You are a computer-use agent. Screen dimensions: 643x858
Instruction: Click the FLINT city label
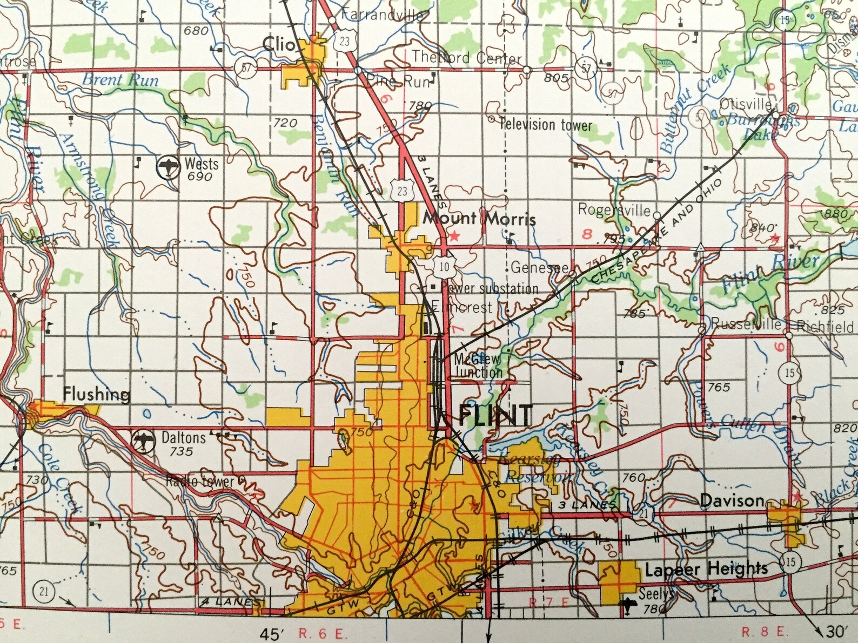tap(495, 415)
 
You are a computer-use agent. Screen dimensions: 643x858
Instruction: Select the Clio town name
tap(279, 44)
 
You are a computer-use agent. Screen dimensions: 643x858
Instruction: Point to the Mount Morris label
tap(479, 219)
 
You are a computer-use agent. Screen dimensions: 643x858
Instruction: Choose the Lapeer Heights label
tap(706, 569)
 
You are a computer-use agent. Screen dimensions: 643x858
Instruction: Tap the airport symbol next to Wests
tap(168, 167)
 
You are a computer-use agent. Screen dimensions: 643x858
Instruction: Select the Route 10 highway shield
tap(444, 266)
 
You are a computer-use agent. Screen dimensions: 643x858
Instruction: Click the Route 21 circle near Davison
tap(643, 513)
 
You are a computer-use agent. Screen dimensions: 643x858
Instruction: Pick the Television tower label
tap(546, 125)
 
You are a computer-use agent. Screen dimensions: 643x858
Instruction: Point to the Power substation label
tap(490, 288)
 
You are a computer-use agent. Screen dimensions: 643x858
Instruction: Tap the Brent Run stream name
tap(120, 80)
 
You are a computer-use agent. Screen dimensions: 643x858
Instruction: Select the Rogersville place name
tap(614, 209)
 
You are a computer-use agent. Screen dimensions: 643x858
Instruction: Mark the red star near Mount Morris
tap(454, 235)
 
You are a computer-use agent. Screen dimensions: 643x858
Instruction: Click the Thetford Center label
tap(466, 57)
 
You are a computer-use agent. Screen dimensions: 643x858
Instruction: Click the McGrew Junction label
tap(478, 366)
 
